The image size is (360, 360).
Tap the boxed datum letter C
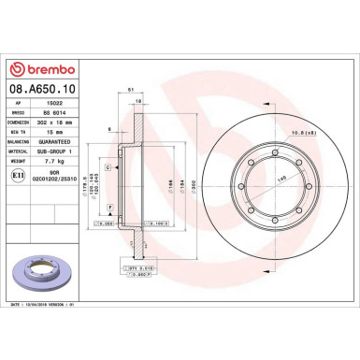108,166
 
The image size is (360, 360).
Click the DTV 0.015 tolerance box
136,268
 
